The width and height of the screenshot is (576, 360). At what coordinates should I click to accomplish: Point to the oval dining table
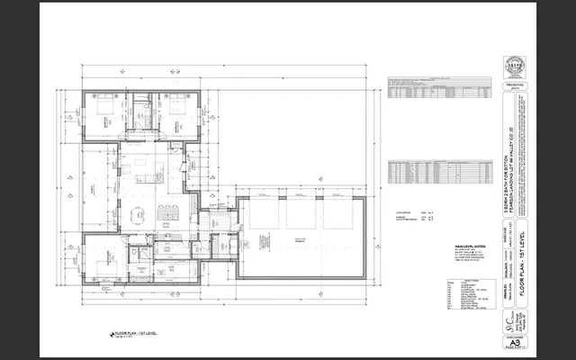click(x=138, y=214)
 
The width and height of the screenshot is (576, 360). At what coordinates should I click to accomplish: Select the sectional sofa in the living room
click(x=144, y=171)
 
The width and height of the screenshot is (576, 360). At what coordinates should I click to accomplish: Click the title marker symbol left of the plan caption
click(x=112, y=334)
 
